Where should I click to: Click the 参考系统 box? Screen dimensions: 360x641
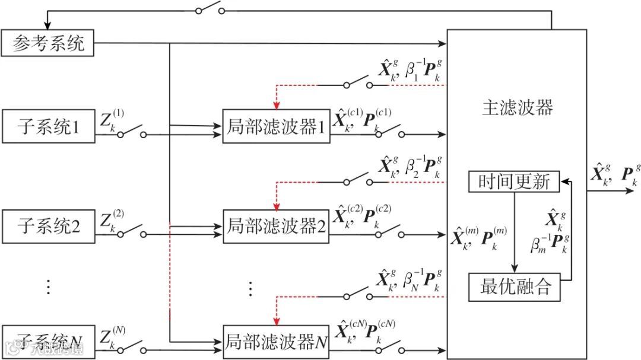tap(47, 43)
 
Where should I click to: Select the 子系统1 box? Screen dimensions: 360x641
tap(47, 126)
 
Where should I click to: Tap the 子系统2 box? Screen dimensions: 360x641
tap(47, 226)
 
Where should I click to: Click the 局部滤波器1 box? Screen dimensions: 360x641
tap(276, 126)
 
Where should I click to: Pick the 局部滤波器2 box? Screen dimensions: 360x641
tap(276, 226)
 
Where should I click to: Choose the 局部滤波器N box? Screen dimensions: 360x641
tap(276, 342)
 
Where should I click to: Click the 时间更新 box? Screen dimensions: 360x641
tap(514, 181)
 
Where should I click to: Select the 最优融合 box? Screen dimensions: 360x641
tap(514, 286)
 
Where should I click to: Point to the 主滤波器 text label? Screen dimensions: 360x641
tap(517, 107)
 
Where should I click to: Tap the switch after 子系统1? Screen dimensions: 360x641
tap(132, 131)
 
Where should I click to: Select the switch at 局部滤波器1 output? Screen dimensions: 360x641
tap(389, 131)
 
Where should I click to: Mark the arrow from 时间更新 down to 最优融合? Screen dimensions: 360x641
tap(515, 231)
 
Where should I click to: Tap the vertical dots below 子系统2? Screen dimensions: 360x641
tap(48, 287)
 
